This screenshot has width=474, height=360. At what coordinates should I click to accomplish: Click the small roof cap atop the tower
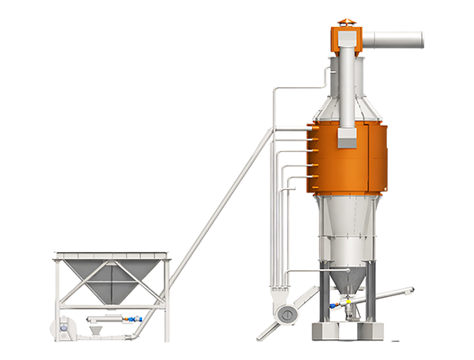346,22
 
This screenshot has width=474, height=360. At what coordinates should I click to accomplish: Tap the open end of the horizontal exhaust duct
420,40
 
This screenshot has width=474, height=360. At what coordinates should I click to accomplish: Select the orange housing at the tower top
346,39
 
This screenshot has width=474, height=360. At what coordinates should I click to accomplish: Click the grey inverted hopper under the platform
112,279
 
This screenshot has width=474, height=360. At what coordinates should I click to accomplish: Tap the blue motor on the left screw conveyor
135,319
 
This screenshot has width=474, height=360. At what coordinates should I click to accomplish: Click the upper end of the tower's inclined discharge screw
408,291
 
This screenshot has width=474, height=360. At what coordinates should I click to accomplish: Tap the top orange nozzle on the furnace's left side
309,131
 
